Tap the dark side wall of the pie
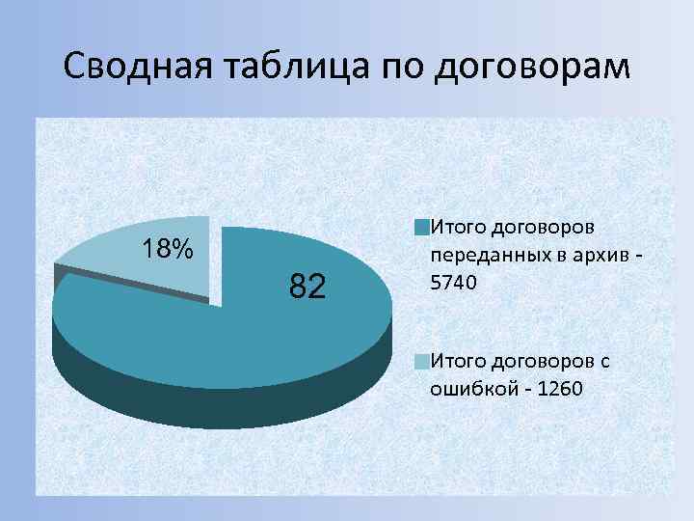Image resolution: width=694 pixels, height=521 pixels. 222,405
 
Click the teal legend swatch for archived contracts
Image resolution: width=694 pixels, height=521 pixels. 421,229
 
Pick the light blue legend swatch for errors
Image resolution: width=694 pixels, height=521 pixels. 421,363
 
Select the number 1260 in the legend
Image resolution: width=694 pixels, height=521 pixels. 559,387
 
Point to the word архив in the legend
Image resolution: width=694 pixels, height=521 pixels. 591,257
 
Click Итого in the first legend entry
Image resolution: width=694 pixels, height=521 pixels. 457,228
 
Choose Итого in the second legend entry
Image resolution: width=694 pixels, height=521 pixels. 457,362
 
